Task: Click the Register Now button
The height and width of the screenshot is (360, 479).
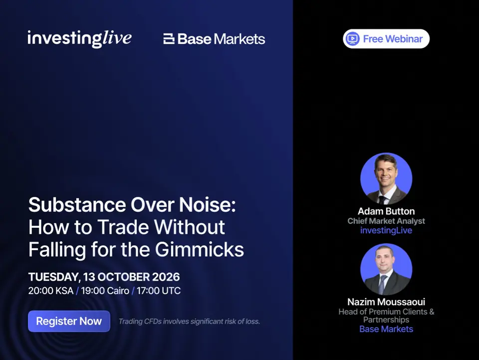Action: click(x=69, y=321)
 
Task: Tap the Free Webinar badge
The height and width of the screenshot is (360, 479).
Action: click(x=386, y=39)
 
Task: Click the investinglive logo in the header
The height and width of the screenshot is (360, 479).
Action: click(x=79, y=39)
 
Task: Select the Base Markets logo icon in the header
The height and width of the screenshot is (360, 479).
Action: click(x=169, y=39)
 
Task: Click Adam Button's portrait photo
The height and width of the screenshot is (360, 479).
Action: click(x=386, y=179)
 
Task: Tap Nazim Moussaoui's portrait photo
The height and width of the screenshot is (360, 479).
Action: click(x=386, y=269)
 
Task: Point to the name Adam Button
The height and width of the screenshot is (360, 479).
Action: click(x=386, y=211)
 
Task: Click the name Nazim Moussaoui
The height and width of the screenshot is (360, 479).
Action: click(x=386, y=302)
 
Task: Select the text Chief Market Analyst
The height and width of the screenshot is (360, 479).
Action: click(x=386, y=221)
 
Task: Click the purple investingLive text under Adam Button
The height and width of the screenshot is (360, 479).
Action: click(x=386, y=230)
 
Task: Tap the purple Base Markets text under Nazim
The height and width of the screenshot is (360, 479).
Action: click(x=386, y=329)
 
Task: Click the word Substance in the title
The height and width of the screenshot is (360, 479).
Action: click(x=77, y=204)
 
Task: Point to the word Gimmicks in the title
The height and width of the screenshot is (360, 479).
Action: click(x=200, y=250)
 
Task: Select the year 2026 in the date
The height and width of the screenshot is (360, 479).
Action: click(x=166, y=277)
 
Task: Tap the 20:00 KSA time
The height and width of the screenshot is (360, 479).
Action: click(x=51, y=291)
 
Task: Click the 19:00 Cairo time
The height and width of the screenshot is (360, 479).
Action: click(x=105, y=291)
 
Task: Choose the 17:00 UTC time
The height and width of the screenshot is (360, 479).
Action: click(x=159, y=291)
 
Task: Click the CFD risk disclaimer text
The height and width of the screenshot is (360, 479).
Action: click(x=189, y=321)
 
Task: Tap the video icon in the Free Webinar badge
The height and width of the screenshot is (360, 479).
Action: click(x=353, y=39)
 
